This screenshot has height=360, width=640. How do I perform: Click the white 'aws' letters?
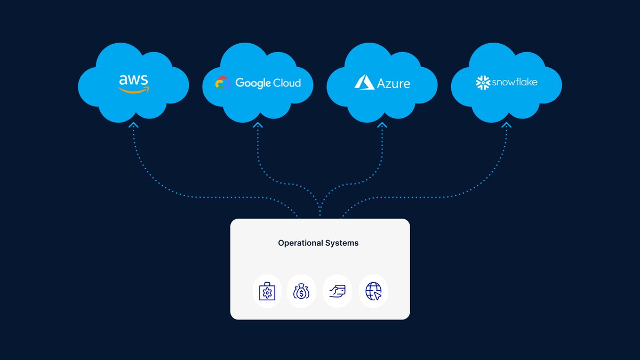(x=133, y=80)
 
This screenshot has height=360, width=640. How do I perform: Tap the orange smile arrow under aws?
(x=134, y=90)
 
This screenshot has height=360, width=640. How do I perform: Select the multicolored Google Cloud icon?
(x=222, y=83)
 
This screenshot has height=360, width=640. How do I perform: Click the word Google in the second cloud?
(x=253, y=83)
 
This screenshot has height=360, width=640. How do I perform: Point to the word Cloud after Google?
(x=287, y=83)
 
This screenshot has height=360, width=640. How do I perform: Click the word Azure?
(x=394, y=83)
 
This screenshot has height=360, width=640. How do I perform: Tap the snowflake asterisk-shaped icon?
(x=483, y=83)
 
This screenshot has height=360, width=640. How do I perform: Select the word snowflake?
(x=514, y=82)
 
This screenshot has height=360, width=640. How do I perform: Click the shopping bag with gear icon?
(x=267, y=292)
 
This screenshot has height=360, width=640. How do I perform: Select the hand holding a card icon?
(x=338, y=292)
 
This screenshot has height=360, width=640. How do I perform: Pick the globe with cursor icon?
(x=373, y=292)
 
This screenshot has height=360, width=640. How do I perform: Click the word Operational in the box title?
(x=299, y=243)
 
